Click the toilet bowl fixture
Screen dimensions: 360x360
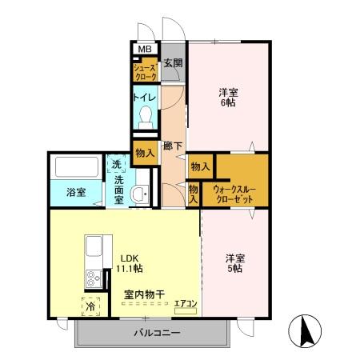(x=145, y=118)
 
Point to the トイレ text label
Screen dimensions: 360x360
(x=144, y=97)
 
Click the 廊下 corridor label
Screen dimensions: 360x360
(x=173, y=146)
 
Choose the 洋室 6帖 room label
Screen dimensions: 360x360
(x=228, y=97)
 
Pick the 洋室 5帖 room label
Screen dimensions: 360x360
(x=234, y=264)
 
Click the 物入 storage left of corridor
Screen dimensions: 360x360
(x=145, y=153)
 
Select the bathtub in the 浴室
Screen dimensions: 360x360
(x=77, y=168)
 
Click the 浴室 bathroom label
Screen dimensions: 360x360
(x=75, y=193)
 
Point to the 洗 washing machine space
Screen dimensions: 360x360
(x=117, y=166)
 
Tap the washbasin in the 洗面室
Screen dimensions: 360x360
(x=139, y=194)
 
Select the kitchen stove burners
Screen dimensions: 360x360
(x=92, y=279)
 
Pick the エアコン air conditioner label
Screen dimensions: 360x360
(x=186, y=302)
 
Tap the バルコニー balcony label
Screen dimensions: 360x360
(x=156, y=333)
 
